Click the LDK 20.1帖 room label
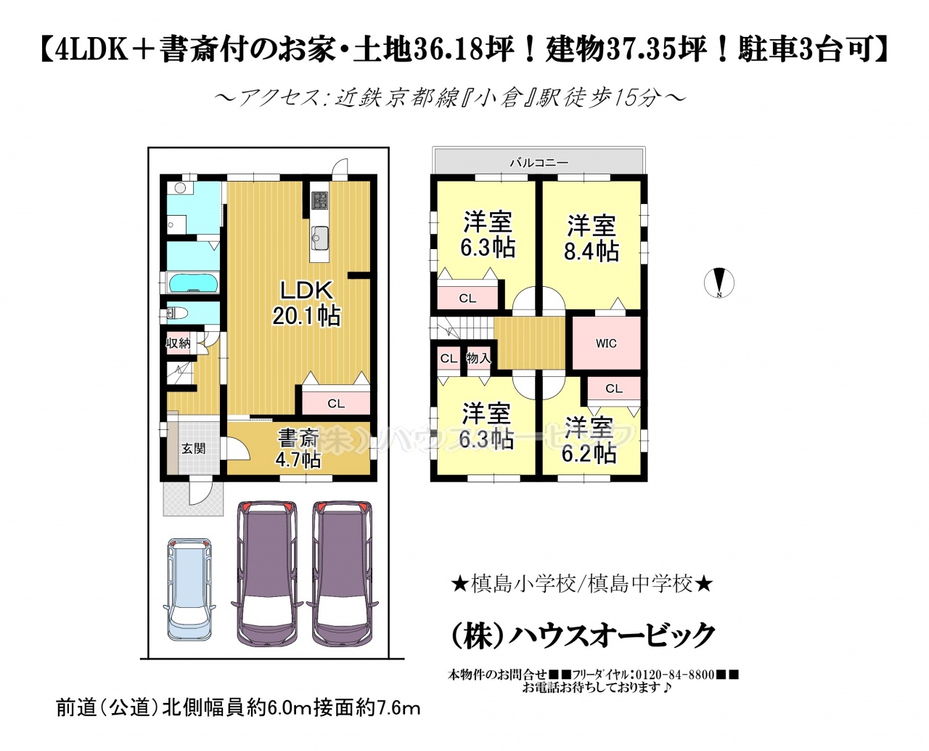point(306,302)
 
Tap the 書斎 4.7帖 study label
point(298,448)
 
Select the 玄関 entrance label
point(194,449)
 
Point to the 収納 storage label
point(179,343)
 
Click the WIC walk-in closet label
point(606,344)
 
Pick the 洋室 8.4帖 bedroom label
point(591,238)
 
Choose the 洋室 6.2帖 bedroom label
point(589,440)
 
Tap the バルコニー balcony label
point(539,163)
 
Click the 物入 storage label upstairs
point(478,359)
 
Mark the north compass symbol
point(719,283)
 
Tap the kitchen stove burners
point(320,201)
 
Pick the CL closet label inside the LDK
point(336,404)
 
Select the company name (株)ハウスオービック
point(582,636)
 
